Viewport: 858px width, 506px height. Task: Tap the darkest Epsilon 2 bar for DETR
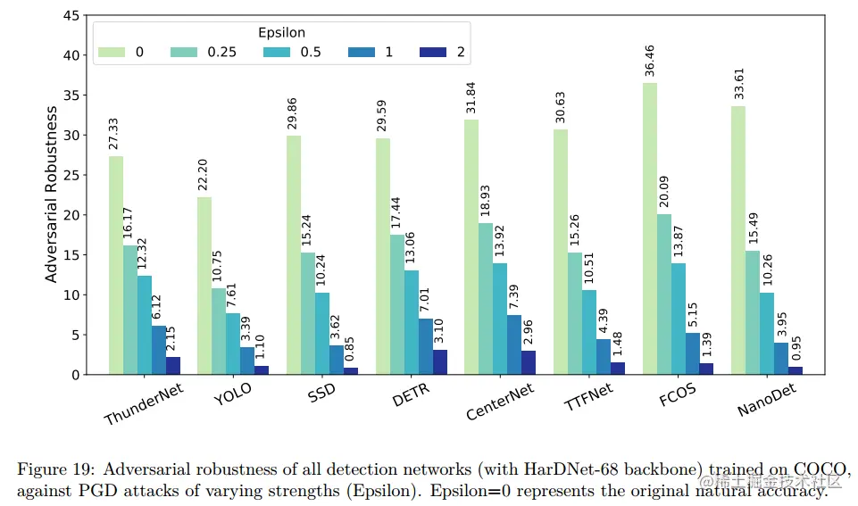pos(440,362)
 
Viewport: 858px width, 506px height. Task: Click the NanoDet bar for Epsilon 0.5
pos(766,334)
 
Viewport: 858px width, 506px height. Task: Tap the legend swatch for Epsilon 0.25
pos(185,52)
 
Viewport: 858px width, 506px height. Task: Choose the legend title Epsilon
pos(282,32)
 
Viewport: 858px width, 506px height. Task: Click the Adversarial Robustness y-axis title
pos(52,195)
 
